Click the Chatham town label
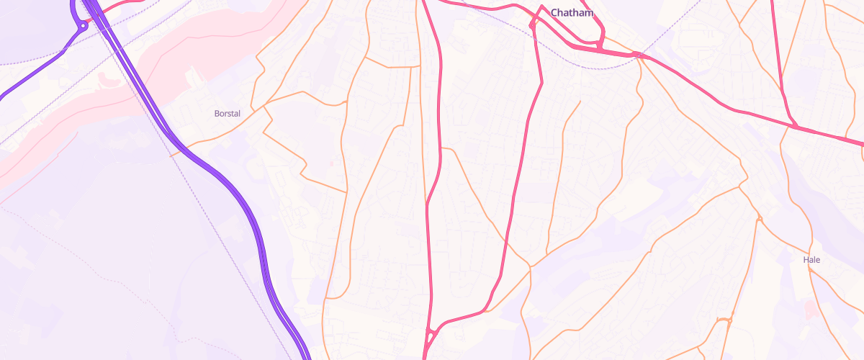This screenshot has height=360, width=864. tap(572, 13)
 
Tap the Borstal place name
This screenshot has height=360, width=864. tap(227, 114)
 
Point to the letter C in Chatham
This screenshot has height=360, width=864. tap(554, 13)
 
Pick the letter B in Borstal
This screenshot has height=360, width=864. tap(217, 114)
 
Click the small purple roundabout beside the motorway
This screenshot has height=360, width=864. tap(84, 26)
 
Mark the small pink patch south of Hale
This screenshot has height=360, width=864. tap(811, 309)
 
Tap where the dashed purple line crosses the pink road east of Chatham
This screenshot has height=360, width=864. tap(639, 55)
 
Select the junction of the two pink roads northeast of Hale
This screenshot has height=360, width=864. tap(795, 127)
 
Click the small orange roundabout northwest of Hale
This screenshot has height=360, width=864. tap(757, 218)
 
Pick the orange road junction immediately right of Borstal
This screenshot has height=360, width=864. tap(265, 107)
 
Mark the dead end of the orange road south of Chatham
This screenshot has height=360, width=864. tap(580, 102)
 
